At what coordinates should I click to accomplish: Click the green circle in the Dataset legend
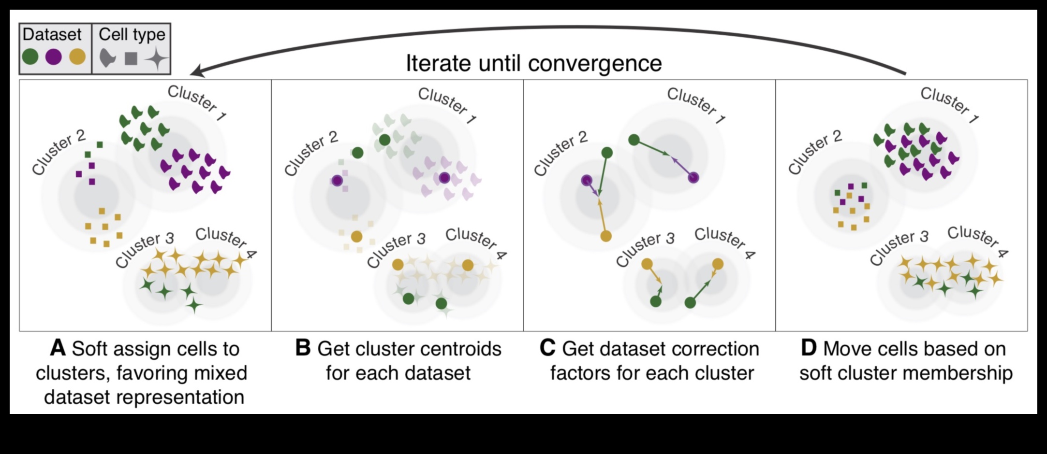pyautogui.click(x=30, y=57)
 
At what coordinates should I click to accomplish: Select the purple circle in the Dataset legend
pyautogui.click(x=53, y=57)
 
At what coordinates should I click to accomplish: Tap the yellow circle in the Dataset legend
pyautogui.click(x=77, y=57)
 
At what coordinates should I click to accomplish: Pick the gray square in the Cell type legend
pyautogui.click(x=131, y=58)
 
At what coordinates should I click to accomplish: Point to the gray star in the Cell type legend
pyautogui.click(x=157, y=59)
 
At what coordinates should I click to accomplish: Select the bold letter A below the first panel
pyautogui.click(x=58, y=348)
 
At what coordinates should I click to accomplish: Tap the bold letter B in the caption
pyautogui.click(x=303, y=348)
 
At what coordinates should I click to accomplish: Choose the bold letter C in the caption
pyautogui.click(x=547, y=348)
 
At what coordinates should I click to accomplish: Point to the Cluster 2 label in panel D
pyautogui.click(x=815, y=152)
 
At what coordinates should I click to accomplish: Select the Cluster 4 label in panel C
pyautogui.click(x=724, y=242)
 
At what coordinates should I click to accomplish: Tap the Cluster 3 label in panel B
pyautogui.click(x=396, y=250)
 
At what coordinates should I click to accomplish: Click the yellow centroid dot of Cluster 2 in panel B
pyautogui.click(x=356, y=237)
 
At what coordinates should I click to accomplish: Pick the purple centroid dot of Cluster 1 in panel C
pyautogui.click(x=693, y=177)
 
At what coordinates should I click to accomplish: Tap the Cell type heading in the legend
pyautogui.click(x=132, y=34)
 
